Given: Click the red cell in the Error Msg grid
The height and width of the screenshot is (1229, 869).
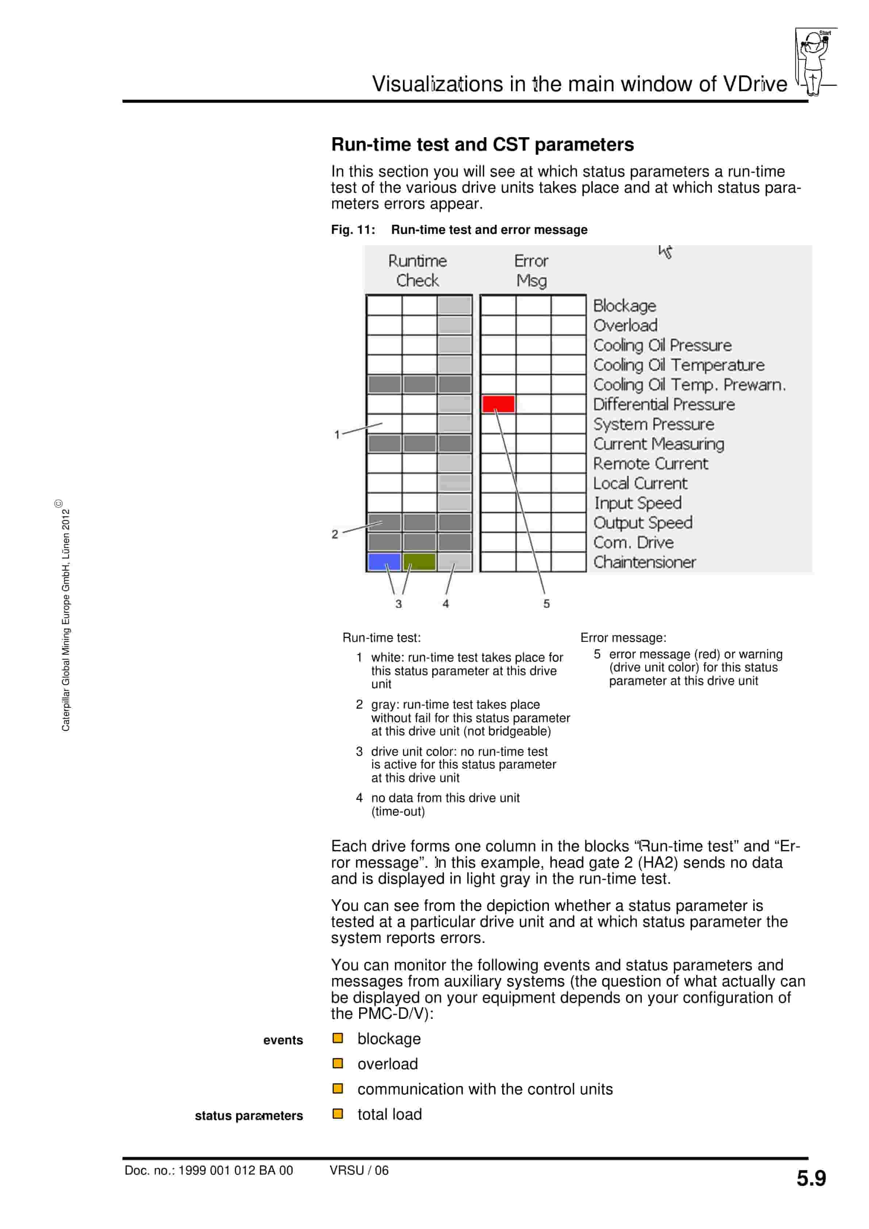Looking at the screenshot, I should tap(498, 404).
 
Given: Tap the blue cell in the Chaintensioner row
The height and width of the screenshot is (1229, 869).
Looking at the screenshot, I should tap(384, 562).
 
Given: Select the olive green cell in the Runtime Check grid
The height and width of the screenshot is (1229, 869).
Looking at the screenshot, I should tap(419, 562).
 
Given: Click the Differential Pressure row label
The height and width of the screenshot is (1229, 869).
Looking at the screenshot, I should tap(664, 404).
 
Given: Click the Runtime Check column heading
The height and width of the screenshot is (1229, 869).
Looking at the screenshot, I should tap(417, 270).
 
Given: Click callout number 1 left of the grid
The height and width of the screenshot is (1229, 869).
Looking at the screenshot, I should tap(337, 435).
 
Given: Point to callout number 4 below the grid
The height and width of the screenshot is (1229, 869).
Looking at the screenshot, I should tap(446, 604).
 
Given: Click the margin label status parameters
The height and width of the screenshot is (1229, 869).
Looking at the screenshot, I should tap(249, 1116).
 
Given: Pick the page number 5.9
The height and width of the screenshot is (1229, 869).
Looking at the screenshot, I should tap(811, 1178).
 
